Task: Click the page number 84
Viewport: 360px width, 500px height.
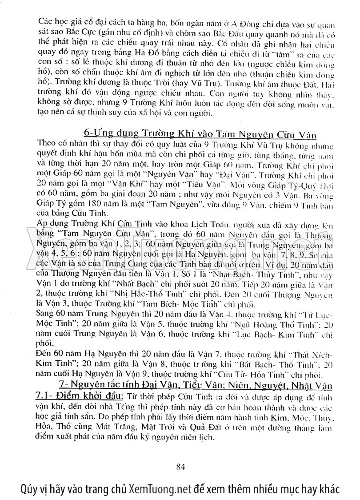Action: (x=180, y=467)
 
